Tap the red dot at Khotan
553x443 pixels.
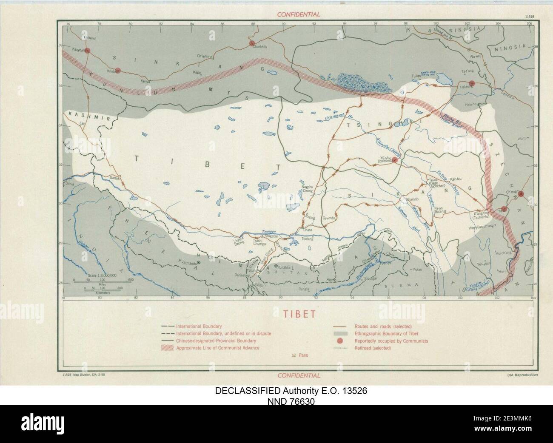[118, 71]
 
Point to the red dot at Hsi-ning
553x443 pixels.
[471, 83]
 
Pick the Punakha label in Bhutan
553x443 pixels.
[284, 267]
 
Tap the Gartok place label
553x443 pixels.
[115, 178]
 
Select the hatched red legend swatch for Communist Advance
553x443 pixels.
[168, 348]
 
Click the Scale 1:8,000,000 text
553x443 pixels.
[103, 275]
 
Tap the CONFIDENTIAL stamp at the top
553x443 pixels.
[298, 14]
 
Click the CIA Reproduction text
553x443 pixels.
[522, 375]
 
